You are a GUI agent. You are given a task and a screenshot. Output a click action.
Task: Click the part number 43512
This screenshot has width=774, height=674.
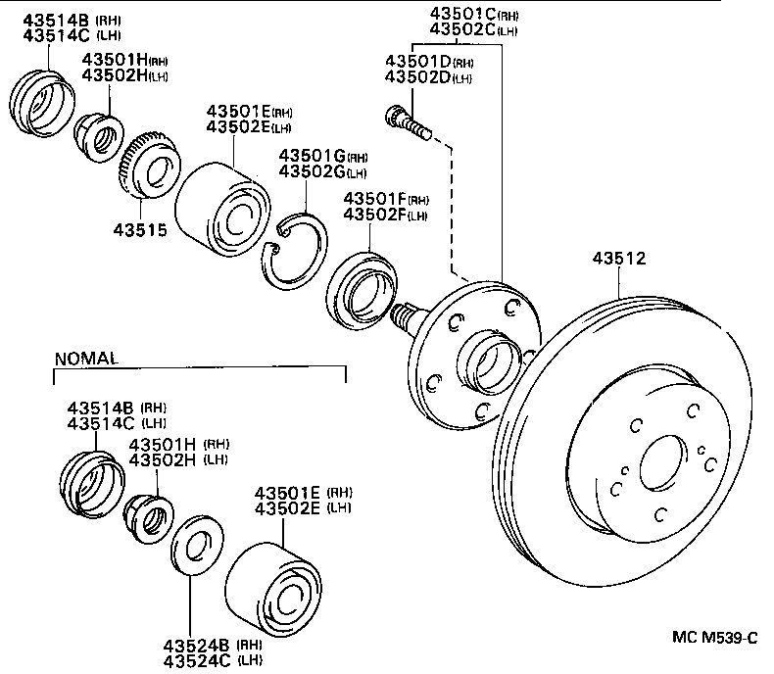tap(619, 260)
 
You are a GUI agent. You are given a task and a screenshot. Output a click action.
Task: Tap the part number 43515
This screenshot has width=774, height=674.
tap(139, 231)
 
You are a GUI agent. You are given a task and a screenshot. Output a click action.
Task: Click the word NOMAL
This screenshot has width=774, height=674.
tap(86, 359)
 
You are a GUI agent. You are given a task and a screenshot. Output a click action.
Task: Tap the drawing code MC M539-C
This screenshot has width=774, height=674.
tap(714, 638)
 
